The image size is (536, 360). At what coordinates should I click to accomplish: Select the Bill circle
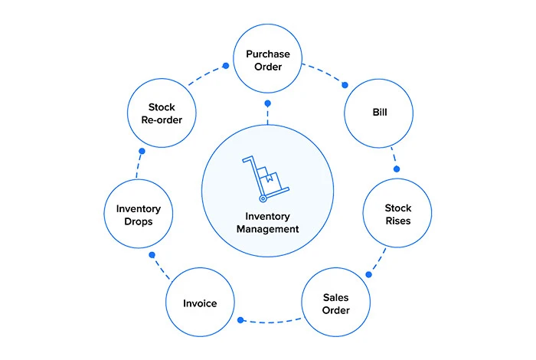tap(379, 113)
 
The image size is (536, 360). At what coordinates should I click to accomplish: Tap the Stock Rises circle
tap(397, 214)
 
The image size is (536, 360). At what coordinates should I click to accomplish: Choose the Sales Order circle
tap(336, 303)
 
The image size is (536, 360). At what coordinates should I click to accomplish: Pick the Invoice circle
tap(200, 303)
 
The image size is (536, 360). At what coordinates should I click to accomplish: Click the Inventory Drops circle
tap(139, 214)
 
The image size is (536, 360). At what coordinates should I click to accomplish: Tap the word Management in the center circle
tap(267, 229)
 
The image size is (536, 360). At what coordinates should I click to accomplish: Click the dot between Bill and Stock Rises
tap(396, 169)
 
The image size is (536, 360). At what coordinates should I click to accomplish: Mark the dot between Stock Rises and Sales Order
tap(368, 274)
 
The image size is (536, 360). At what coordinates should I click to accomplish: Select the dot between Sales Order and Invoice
tap(240, 320)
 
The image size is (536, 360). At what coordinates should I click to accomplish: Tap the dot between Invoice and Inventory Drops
tap(152, 254)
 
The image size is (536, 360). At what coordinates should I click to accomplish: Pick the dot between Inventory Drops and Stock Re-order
tap(142, 152)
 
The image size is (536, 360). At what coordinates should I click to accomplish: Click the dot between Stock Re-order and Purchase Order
tap(225, 66)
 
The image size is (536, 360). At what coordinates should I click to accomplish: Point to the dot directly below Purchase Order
tap(267, 103)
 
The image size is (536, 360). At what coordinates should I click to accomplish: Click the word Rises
tap(397, 221)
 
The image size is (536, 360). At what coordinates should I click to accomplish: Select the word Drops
tap(139, 221)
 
